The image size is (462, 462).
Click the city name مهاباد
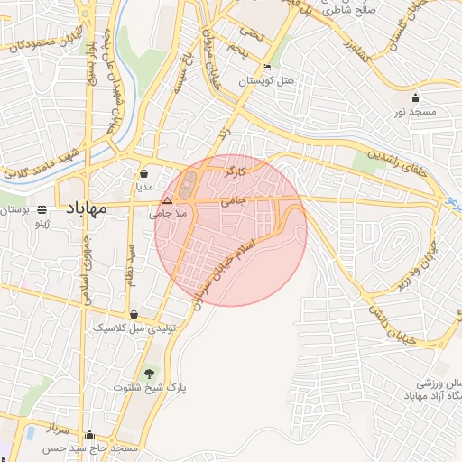click(x=85, y=208)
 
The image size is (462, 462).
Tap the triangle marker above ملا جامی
click(x=167, y=201)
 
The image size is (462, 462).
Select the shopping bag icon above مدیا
click(x=144, y=173)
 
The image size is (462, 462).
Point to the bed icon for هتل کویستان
click(x=265, y=68)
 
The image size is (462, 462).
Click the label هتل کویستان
click(x=263, y=81)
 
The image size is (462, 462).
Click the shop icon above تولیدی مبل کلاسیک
click(x=135, y=315)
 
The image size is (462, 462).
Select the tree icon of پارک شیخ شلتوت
click(x=149, y=374)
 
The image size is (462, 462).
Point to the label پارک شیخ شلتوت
click(x=150, y=387)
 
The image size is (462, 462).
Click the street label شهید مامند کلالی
click(x=43, y=161)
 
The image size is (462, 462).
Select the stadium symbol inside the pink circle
click(x=187, y=188)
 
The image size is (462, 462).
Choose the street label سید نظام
click(x=132, y=264)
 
